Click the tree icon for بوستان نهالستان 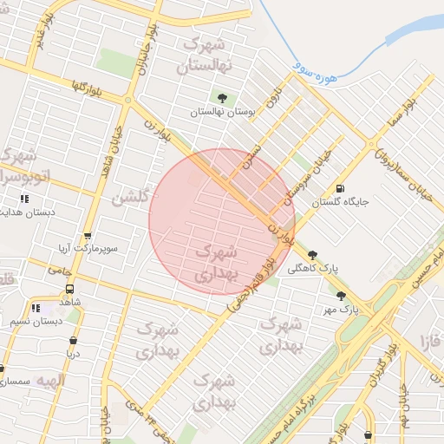(223, 98)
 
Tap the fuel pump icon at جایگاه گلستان (338, 188)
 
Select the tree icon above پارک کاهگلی (312, 255)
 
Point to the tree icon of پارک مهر (341, 296)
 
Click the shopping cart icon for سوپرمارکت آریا (87, 236)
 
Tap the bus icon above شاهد (69, 290)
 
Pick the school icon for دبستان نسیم (36, 308)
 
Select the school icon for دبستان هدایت (23, 199)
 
